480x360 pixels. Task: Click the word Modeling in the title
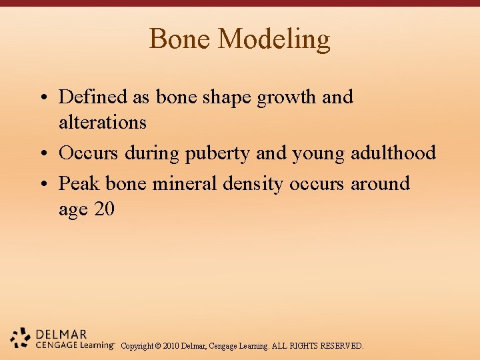pyautogui.click(x=274, y=39)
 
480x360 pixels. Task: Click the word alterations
pyautogui.click(x=102, y=123)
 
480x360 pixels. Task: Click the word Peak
pyautogui.click(x=79, y=183)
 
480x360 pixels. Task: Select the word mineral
pyautogui.click(x=185, y=183)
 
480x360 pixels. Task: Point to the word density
pyautogui.click(x=253, y=184)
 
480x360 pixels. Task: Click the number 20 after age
pyautogui.click(x=104, y=209)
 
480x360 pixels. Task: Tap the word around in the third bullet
pyautogui.click(x=380, y=183)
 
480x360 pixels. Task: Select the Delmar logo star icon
pyautogui.click(x=21, y=339)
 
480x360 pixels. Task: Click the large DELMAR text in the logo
pyautogui.click(x=61, y=334)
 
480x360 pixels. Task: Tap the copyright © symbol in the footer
pyautogui.click(x=157, y=346)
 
